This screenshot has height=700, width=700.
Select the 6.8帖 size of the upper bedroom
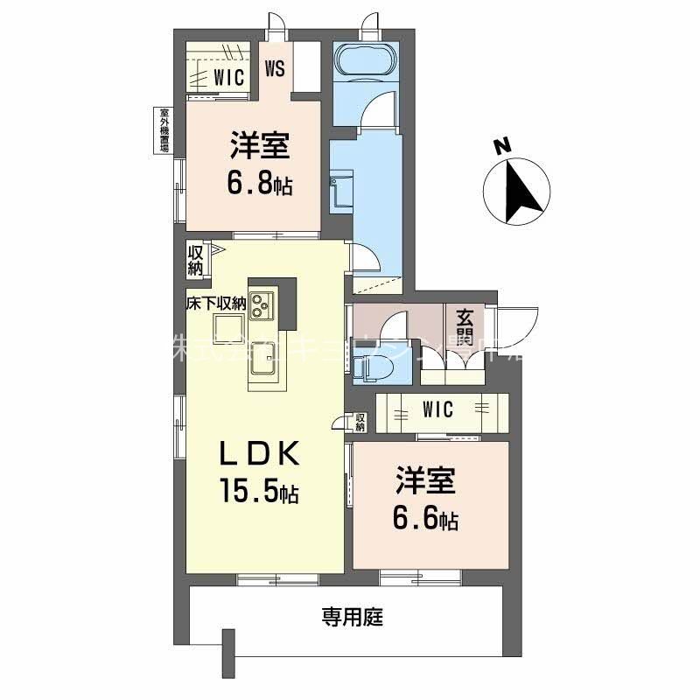(x=258, y=184)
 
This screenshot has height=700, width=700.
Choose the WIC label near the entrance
(x=437, y=409)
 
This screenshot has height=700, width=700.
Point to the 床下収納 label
(x=214, y=304)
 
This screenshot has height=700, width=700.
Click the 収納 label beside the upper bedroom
(x=195, y=261)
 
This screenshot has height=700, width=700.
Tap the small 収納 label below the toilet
(x=360, y=421)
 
